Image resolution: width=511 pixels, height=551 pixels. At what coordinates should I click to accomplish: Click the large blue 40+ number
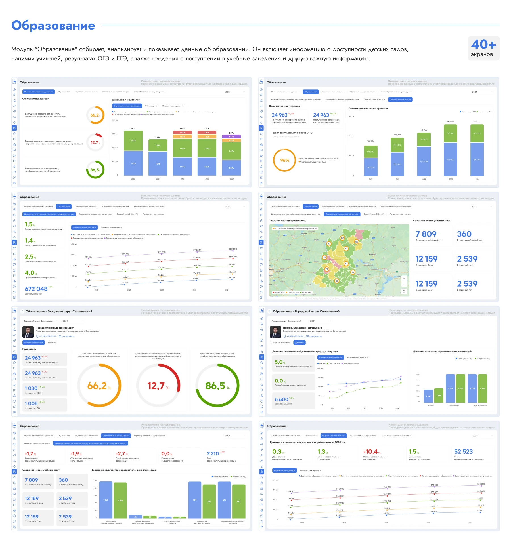tap(483, 45)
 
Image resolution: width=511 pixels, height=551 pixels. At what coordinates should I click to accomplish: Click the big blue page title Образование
tap(53, 26)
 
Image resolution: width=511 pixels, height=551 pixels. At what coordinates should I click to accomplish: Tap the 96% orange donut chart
tap(285, 160)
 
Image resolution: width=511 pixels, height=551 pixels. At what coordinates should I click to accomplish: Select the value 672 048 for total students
tap(36, 289)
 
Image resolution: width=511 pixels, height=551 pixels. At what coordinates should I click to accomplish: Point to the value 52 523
tap(463, 452)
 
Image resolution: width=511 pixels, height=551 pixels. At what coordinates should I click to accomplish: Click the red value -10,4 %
tap(370, 452)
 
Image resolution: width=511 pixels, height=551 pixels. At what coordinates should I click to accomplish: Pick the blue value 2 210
tap(213, 454)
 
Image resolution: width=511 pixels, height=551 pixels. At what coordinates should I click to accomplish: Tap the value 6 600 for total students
tap(281, 399)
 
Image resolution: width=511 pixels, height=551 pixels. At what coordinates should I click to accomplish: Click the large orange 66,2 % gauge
tap(99, 386)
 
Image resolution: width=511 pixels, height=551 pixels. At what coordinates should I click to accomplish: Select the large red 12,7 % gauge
tap(158, 386)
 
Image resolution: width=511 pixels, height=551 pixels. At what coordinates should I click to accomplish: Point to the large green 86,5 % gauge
tap(217, 386)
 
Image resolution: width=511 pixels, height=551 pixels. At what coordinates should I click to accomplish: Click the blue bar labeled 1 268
tap(106, 500)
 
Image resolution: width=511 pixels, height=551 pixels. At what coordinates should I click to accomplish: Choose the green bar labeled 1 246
tap(120, 500)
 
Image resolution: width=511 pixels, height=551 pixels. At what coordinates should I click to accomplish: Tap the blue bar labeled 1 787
tap(428, 396)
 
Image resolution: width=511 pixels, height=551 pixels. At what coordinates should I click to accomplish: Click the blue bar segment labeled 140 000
tap(450, 159)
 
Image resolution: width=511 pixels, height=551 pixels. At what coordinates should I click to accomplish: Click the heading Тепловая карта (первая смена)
tap(288, 220)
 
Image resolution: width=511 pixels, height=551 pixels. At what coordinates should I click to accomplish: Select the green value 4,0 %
tap(30, 273)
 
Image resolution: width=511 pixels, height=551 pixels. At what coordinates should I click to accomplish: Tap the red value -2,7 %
tap(120, 454)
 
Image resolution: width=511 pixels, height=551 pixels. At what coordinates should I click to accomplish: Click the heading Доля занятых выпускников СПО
tap(292, 133)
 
